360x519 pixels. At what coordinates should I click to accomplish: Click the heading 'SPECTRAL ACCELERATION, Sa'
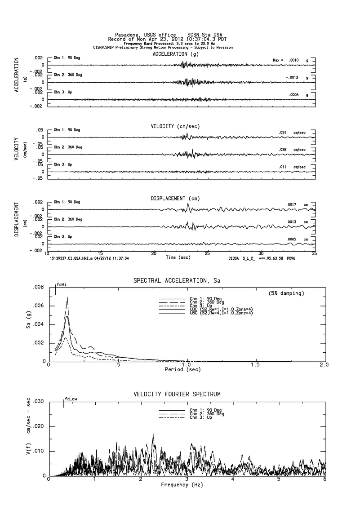coord(177,280)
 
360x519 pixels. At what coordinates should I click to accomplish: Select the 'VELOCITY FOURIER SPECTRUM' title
coord(177,394)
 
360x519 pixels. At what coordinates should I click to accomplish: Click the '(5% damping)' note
coord(286,293)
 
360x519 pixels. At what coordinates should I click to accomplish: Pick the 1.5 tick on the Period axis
coord(255,365)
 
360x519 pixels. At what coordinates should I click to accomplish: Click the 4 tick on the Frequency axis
coord(232,480)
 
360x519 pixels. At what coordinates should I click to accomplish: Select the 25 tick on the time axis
coord(208,253)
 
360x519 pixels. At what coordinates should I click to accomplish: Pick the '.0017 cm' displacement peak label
coord(297,205)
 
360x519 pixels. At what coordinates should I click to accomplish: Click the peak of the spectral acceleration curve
coord(67,297)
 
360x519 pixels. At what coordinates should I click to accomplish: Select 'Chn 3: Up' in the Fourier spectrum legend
coord(200,417)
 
